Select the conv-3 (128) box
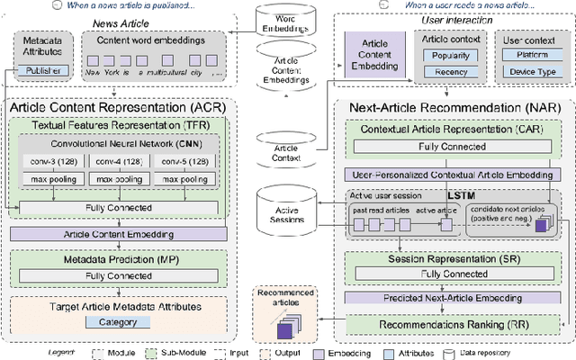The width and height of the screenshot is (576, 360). pyautogui.click(x=51, y=162)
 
